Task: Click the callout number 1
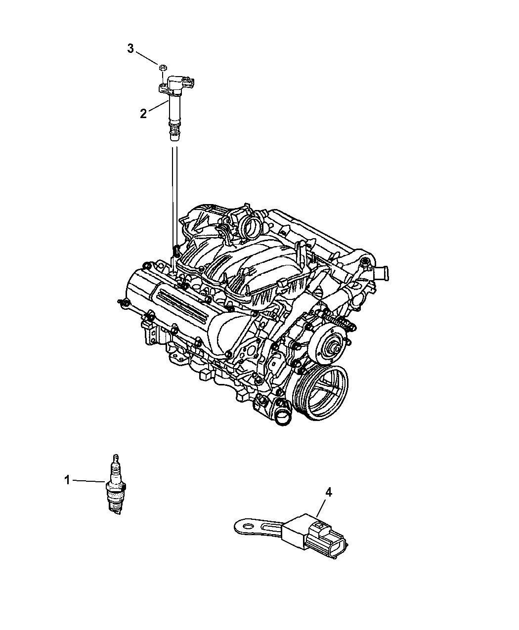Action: (x=67, y=480)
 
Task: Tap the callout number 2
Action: (x=143, y=114)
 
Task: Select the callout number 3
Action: (x=130, y=48)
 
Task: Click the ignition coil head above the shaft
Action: (x=176, y=84)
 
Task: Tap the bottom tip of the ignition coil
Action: (x=173, y=140)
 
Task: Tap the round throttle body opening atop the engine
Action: (x=253, y=229)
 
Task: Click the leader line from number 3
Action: (x=147, y=58)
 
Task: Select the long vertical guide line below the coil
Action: (x=175, y=199)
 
